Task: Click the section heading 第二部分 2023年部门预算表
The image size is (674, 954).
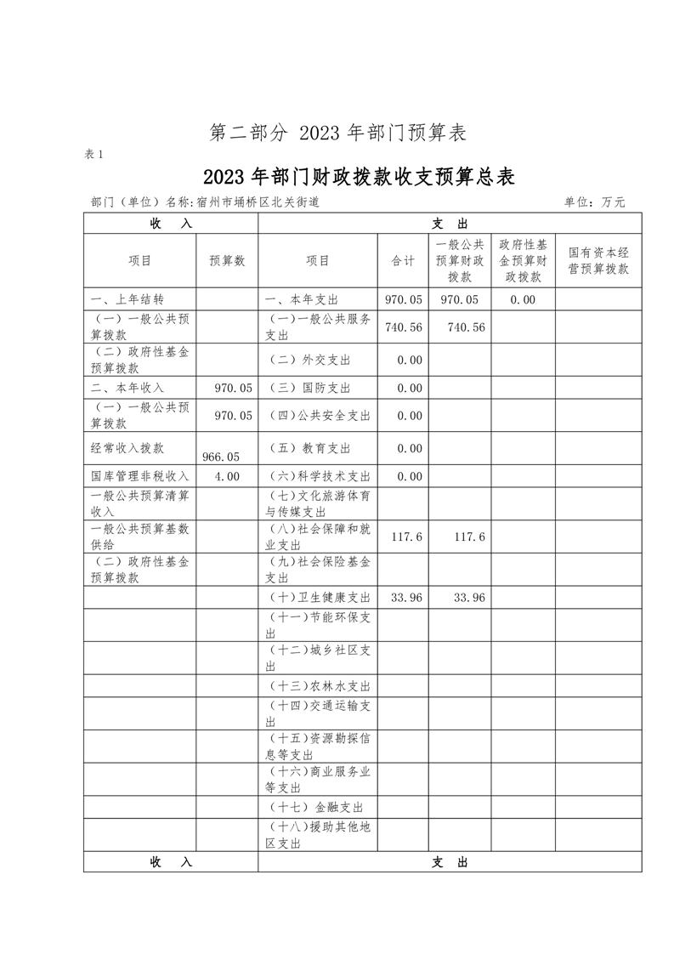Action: tap(338, 133)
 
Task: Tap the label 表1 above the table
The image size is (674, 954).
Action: tap(93, 154)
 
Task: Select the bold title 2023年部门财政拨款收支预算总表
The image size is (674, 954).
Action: tap(359, 177)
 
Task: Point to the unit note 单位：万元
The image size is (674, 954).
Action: tap(594, 202)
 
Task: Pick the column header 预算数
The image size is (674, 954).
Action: tap(227, 261)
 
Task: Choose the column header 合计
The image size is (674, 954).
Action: tap(403, 261)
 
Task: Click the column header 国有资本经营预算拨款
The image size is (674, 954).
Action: tap(598, 261)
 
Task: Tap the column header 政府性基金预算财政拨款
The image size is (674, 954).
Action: tap(523, 261)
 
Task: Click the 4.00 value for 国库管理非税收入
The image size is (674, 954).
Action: tap(227, 476)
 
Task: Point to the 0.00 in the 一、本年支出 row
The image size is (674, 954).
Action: tap(523, 299)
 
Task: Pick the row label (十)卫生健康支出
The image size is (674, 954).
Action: tap(320, 598)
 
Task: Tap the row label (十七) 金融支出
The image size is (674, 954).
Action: tap(315, 807)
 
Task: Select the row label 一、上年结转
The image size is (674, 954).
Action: tap(127, 299)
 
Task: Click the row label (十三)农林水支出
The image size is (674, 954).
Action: tap(320, 686)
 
